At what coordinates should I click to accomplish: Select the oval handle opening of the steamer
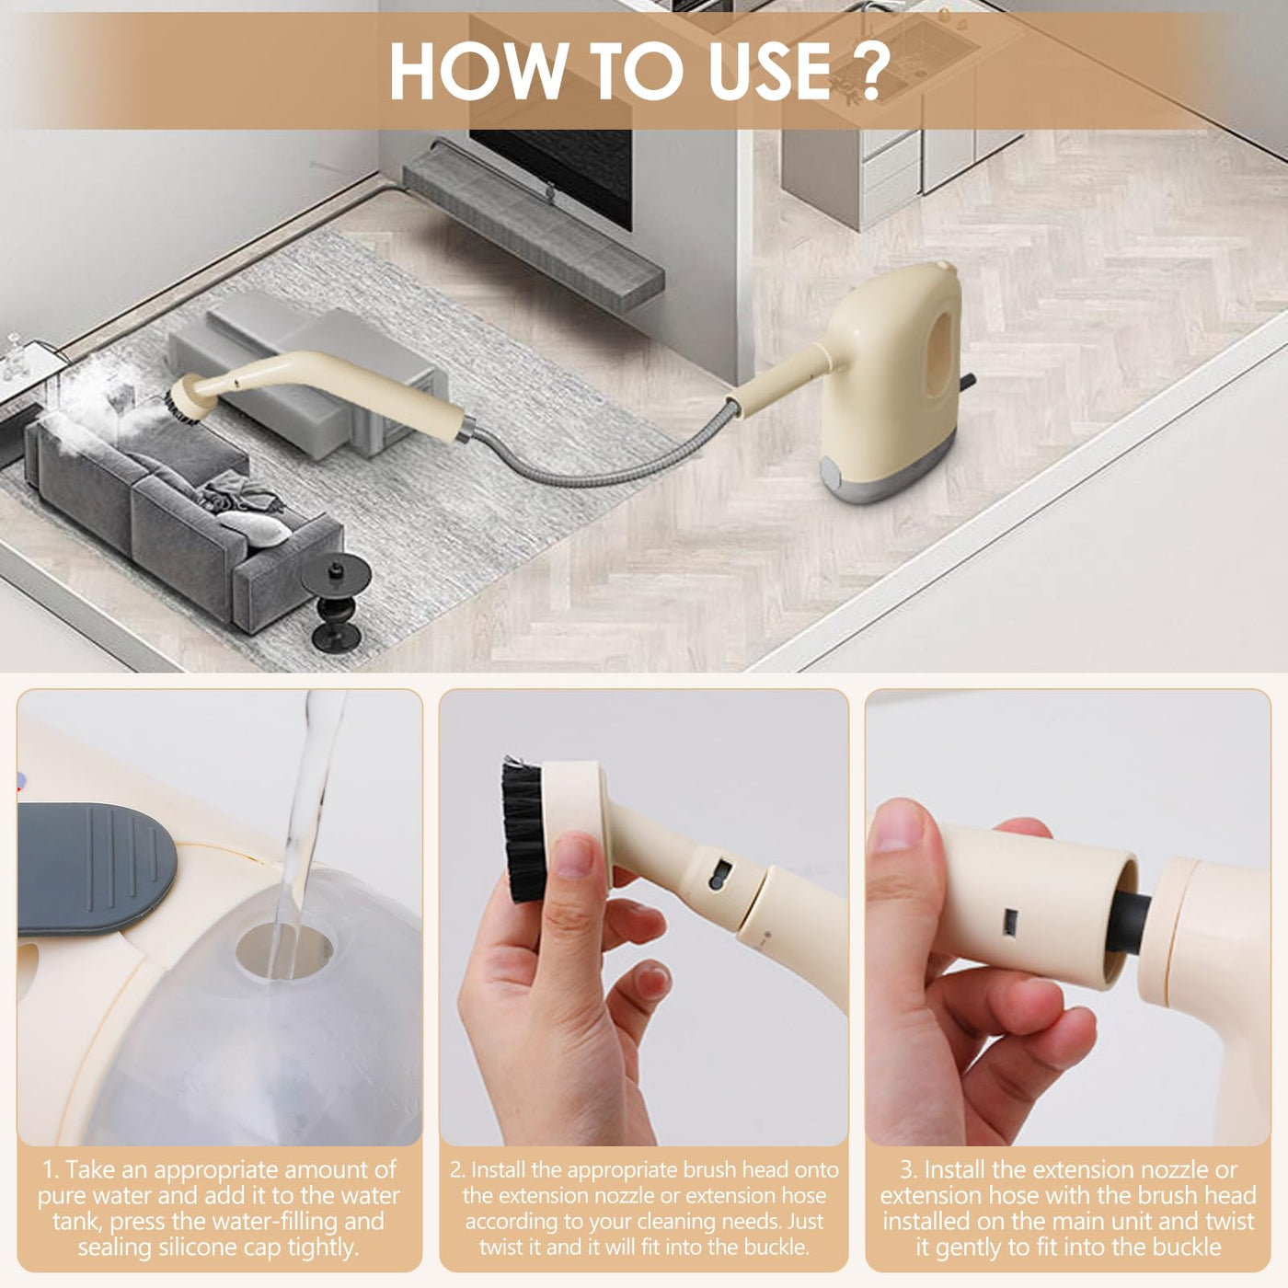(938, 362)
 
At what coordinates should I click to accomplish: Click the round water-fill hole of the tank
(284, 951)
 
